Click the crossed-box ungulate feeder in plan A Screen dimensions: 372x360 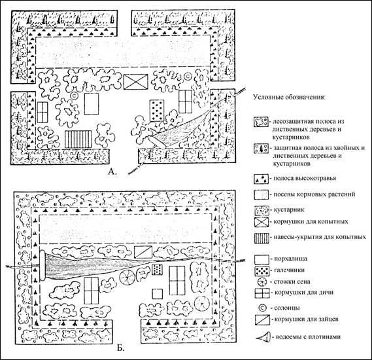pos(136,82)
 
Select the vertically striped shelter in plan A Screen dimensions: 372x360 pos(78,139)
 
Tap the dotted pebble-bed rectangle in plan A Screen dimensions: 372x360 pos(157,111)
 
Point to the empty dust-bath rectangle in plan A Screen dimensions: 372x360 pos(92,104)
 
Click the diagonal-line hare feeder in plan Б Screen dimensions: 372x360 pos(143,252)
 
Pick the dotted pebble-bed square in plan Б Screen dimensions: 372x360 pos(157,270)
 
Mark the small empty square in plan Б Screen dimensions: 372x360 pos(158,294)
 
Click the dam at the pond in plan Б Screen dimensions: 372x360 pos(42,265)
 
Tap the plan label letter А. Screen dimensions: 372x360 pos(112,171)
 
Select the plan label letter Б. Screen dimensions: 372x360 pos(120,348)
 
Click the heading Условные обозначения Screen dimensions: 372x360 pos(289,98)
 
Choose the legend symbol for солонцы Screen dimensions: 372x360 pos(262,308)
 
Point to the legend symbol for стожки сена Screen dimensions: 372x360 pos(262,282)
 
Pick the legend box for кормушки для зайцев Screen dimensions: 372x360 pos(262,320)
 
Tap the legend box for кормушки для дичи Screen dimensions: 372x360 pos(262,293)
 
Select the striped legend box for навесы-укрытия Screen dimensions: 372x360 pos(262,238)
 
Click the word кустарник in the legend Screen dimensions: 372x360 pos(289,210)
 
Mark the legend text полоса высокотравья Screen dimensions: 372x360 pos(305,178)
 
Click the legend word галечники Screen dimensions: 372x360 pos(289,270)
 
